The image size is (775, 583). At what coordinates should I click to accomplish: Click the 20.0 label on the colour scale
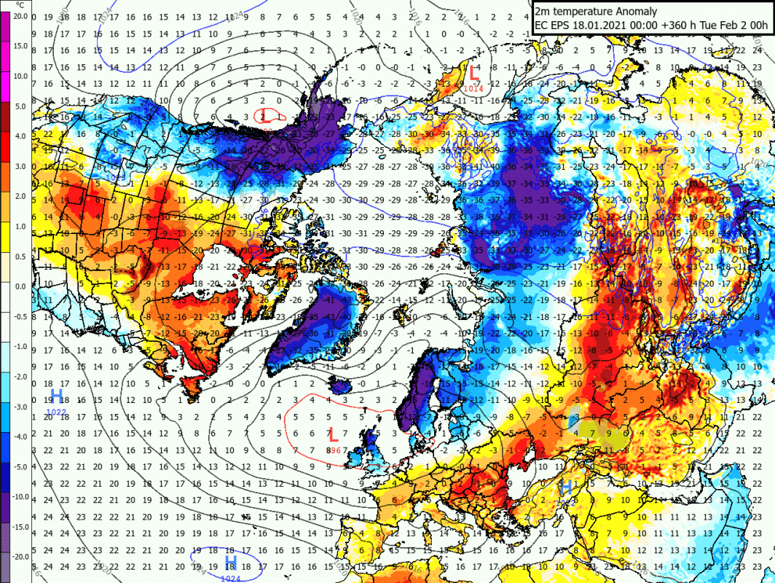click(x=20, y=15)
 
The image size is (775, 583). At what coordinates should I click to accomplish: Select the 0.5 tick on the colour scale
click(x=20, y=256)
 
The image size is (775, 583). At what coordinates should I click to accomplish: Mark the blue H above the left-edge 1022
click(x=56, y=396)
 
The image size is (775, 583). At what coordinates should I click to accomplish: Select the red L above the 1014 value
click(x=473, y=72)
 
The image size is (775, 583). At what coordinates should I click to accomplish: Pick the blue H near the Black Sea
click(x=565, y=487)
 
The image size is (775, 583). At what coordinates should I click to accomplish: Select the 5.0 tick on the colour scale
click(x=20, y=106)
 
